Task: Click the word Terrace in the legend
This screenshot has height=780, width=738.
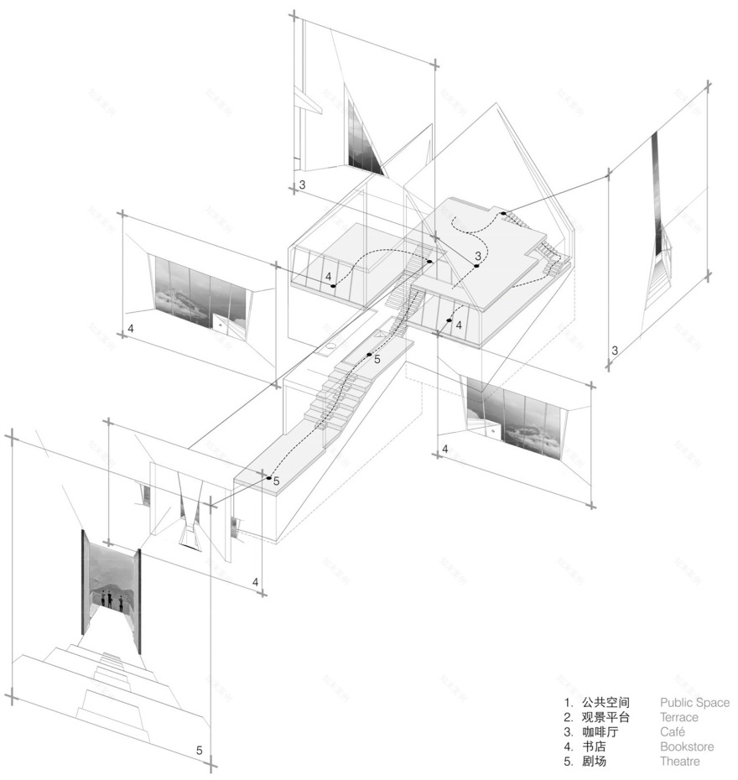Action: [x=678, y=717]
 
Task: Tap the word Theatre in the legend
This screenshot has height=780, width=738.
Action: [x=679, y=762]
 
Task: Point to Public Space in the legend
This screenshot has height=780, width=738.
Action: [x=694, y=702]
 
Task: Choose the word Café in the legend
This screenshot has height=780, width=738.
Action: [x=673, y=732]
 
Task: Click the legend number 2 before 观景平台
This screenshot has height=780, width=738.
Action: [x=568, y=717]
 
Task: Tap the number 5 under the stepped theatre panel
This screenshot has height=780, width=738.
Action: [x=200, y=750]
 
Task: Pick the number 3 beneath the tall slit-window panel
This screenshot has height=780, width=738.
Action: [x=615, y=351]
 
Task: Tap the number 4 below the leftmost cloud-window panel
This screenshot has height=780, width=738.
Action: [x=131, y=328]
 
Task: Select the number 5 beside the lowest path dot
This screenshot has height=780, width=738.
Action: [x=277, y=481]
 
